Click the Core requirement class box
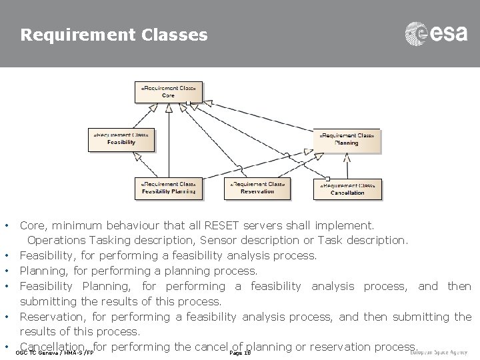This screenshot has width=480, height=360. point(169,92)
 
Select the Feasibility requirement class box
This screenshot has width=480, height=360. point(121,139)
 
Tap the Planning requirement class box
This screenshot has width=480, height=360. point(346,140)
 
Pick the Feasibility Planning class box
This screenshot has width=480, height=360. point(168,188)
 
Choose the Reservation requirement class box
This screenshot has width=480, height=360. point(257,188)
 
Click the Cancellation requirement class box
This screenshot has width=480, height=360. point(347,189)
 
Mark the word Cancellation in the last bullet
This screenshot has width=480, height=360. point(53,347)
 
